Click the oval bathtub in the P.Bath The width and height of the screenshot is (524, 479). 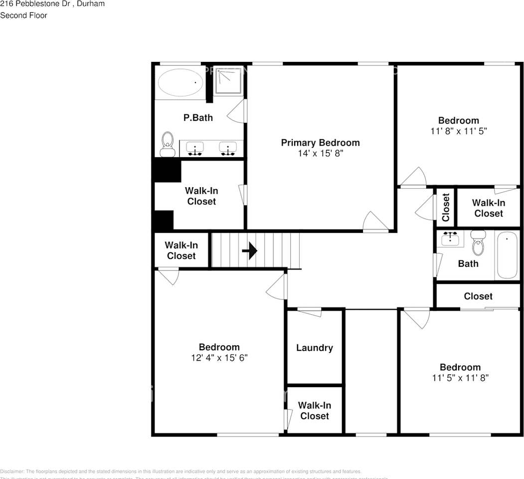tap(180, 82)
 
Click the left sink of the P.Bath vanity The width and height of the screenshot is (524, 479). tap(195, 148)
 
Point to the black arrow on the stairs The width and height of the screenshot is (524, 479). tap(249, 251)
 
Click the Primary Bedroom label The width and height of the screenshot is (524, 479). tap(320, 143)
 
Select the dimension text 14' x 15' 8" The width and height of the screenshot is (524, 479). tap(320, 154)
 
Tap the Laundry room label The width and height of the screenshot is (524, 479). tap(314, 348)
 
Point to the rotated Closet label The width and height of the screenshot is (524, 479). tap(446, 207)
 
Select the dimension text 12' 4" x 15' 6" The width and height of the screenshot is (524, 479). tap(219, 358)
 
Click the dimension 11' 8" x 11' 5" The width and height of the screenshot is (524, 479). tap(459, 131)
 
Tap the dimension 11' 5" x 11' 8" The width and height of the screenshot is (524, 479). tap(460, 378)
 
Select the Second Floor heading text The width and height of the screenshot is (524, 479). tap(23, 15)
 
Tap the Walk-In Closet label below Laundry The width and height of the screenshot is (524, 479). tap(315, 411)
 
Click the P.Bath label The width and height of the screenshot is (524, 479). tap(198, 118)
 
